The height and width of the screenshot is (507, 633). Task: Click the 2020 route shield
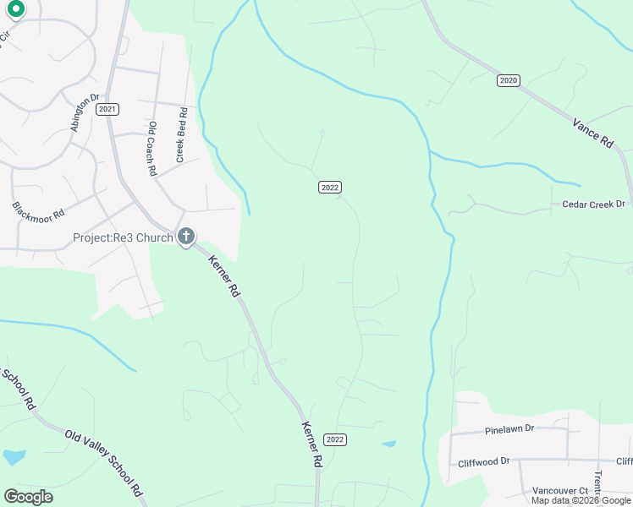508,80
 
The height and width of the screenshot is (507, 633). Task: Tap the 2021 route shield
107,109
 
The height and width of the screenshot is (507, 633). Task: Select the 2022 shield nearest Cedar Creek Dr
330,187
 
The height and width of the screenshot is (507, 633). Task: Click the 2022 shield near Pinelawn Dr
335,439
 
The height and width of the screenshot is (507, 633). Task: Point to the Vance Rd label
592,134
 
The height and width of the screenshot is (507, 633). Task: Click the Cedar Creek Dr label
593,204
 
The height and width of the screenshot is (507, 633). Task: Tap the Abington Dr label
85,111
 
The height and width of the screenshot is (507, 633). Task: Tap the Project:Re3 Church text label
124,237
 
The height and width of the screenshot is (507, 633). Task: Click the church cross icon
186,237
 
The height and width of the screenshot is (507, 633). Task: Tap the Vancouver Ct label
560,490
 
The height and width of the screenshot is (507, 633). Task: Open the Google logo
28,497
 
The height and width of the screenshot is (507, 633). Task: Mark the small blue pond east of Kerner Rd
388,443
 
